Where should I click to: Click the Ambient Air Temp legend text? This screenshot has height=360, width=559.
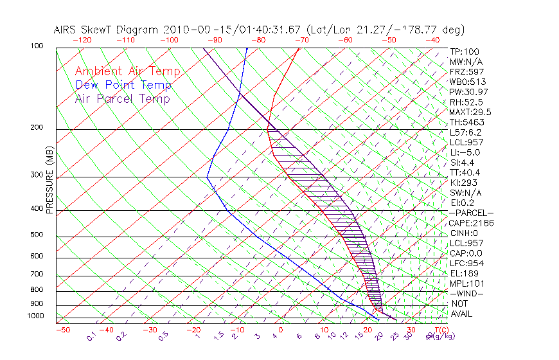(127, 71)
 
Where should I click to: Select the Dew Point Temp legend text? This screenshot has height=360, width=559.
(123, 85)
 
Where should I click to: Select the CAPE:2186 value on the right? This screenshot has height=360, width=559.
(467, 222)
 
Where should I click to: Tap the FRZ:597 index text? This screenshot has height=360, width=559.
(467, 71)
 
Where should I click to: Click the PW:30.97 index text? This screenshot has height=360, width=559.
(469, 92)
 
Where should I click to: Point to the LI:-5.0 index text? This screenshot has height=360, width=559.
(465, 152)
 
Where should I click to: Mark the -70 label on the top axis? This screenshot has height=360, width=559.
(301, 40)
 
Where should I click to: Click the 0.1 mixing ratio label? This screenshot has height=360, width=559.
(91, 336)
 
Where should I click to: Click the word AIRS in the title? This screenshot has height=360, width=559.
(67, 30)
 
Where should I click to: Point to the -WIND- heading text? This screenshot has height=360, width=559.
(466, 293)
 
